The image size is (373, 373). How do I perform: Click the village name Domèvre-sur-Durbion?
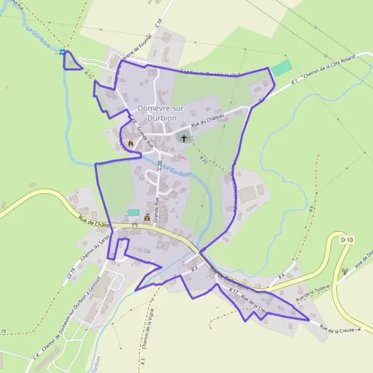[157, 112]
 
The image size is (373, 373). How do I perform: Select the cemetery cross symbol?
[183, 137]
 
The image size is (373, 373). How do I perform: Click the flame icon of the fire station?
[131, 143]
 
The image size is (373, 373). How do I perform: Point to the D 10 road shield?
[347, 239]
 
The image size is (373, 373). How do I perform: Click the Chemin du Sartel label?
[91, 244]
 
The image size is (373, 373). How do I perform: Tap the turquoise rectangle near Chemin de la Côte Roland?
[282, 68]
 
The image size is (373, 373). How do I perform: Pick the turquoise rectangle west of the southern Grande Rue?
[133, 212]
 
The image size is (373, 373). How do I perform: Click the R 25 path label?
[203, 160]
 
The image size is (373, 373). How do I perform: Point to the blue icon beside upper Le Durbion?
[62, 52]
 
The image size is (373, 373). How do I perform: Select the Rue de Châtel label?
[93, 221]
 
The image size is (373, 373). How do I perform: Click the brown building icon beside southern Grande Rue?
[147, 218]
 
